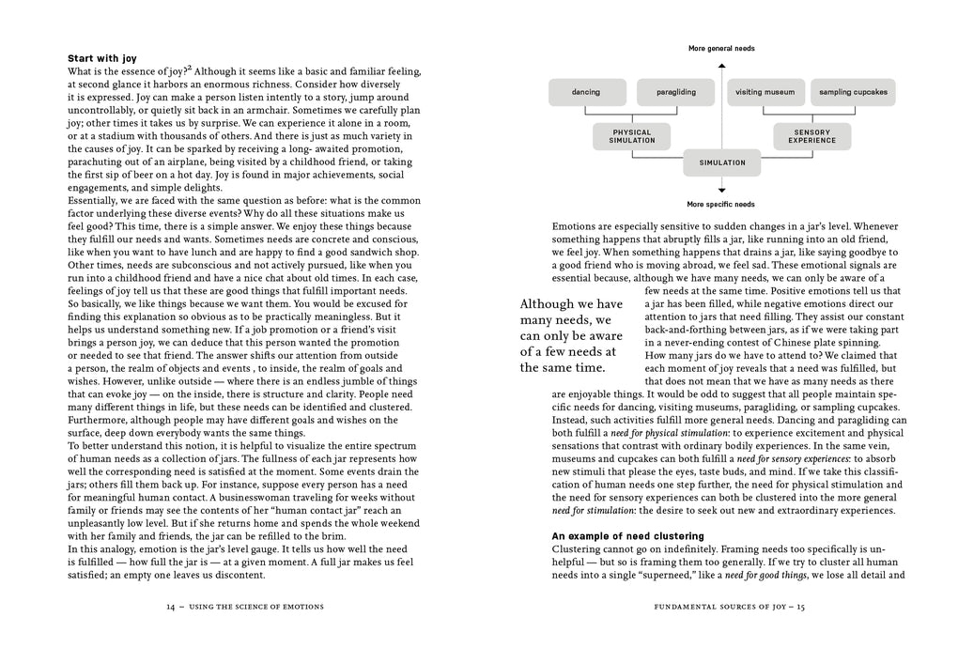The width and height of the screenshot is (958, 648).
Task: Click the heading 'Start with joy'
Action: click(105, 58)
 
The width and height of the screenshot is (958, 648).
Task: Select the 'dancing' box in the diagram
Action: click(586, 92)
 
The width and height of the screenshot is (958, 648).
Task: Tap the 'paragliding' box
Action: click(675, 92)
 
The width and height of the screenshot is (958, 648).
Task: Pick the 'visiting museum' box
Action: click(765, 92)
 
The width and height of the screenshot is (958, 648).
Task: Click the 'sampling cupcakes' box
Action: click(853, 92)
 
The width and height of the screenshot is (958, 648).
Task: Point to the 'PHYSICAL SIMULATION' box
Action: click(631, 136)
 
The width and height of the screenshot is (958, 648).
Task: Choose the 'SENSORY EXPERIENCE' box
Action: click(811, 136)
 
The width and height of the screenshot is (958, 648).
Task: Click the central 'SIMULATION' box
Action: click(721, 162)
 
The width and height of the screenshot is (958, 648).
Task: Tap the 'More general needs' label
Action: click(721, 48)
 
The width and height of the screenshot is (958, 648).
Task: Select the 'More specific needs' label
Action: click(721, 204)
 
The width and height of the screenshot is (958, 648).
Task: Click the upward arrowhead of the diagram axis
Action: click(721, 66)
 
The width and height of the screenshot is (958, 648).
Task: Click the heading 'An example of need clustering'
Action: click(627, 535)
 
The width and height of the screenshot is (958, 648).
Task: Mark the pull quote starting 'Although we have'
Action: click(572, 335)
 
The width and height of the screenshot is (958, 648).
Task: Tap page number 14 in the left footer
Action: click(170, 607)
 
